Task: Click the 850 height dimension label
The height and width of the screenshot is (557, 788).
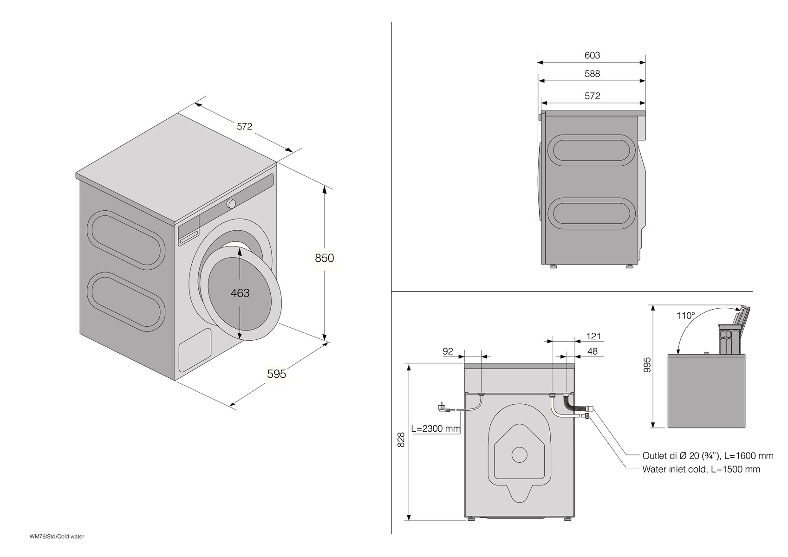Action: tap(324, 258)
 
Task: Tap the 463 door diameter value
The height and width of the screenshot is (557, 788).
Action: tap(240, 293)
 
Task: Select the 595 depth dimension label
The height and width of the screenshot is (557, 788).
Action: tap(276, 374)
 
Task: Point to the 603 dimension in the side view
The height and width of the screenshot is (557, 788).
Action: tap(592, 55)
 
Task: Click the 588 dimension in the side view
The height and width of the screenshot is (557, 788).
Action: tap(592, 74)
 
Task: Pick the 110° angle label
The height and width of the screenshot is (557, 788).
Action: tap(685, 316)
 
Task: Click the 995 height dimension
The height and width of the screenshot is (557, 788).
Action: tap(648, 364)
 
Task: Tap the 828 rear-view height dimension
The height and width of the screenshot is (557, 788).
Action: tap(402, 440)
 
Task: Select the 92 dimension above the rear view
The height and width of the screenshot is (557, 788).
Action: tap(448, 351)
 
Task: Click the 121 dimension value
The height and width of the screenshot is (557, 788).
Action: tap(593, 336)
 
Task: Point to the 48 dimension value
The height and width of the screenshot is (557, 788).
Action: tap(593, 351)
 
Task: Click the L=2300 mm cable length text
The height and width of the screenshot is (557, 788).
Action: tap(436, 428)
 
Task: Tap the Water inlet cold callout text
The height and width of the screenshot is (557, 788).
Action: tap(701, 469)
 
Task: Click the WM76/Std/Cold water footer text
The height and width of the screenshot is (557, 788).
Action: tap(57, 537)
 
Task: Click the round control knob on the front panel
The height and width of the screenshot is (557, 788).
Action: tap(231, 203)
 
